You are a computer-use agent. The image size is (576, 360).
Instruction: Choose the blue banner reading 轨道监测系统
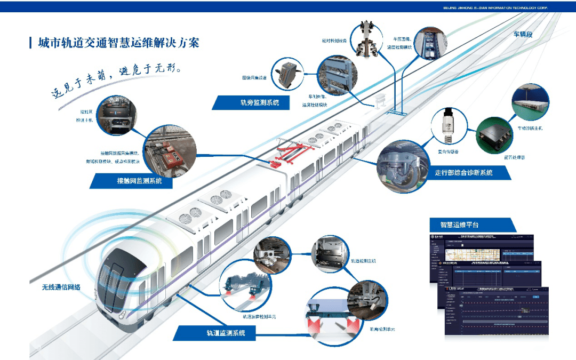[x=219, y=333]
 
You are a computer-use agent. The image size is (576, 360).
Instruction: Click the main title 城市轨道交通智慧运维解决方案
[x=118, y=43]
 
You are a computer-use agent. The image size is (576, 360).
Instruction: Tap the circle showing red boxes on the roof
[x=170, y=151]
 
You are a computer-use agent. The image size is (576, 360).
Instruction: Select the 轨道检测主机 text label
[x=363, y=261]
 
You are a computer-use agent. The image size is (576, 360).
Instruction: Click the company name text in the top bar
[x=495, y=7]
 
